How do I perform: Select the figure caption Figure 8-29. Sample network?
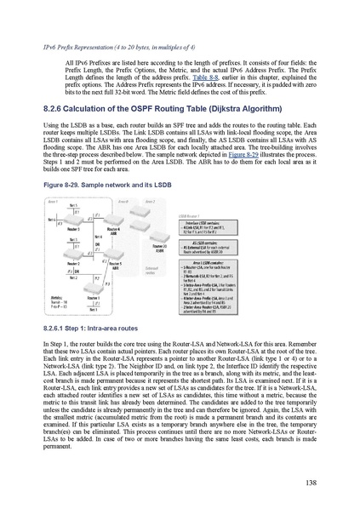93,183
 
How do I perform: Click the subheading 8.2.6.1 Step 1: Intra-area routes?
94,328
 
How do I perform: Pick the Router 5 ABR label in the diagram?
116,266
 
